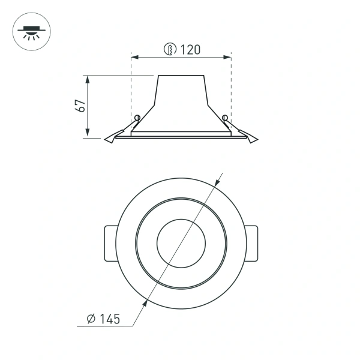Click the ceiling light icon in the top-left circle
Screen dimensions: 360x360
tap(31, 31)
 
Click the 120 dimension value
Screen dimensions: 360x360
tap(190, 50)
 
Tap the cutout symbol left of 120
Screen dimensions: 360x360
tap(171, 50)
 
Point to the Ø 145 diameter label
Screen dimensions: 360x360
tap(103, 319)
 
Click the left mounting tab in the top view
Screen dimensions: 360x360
tap(111, 244)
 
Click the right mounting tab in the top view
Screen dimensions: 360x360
tap(251, 244)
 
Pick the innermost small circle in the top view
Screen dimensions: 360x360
tap(181, 244)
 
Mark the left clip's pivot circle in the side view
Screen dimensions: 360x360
tap(137, 117)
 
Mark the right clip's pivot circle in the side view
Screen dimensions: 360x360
tap(225, 117)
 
